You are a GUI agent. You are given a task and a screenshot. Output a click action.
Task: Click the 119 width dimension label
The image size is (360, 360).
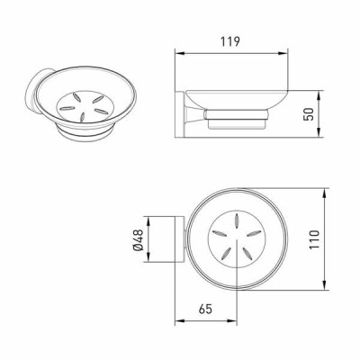coord(230,41)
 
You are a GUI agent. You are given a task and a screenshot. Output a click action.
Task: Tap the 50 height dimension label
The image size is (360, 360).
coord(309,114)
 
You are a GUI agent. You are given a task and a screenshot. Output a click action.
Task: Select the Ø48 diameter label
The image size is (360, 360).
coord(139,239)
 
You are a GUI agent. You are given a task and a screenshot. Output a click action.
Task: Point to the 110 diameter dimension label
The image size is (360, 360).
coord(313,239)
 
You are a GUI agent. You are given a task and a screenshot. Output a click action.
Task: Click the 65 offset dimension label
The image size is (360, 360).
coord(205,309)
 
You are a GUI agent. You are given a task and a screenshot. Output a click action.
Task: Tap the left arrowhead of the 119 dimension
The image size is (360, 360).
coord(179,53)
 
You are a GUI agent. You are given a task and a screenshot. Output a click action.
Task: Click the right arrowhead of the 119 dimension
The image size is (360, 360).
coord(283,53)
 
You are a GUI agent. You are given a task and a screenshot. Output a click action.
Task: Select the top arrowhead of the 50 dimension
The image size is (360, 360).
coord(319,95)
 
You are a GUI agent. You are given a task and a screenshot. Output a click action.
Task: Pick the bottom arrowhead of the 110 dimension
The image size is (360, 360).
coord(325,285)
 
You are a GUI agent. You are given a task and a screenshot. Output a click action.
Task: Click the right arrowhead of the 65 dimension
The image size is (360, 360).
coord(232,321)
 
